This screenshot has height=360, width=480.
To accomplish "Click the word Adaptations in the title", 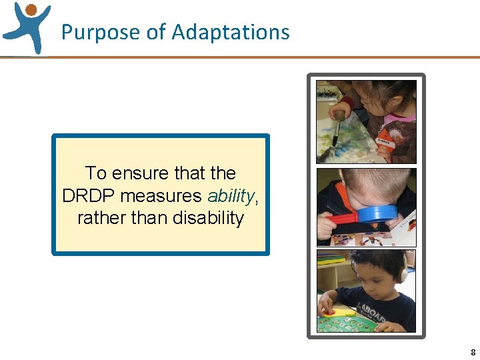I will tap(231, 32).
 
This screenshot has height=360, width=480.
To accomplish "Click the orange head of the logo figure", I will tap(31, 9).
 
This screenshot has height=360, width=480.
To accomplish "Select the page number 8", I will tap(473, 352).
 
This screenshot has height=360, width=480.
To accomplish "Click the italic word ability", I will tap(231, 195).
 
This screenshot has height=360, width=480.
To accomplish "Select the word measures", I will tap(161, 195).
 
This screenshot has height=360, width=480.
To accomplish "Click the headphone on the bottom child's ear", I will tap(403, 273).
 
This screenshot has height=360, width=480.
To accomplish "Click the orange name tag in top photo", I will tap(385, 141).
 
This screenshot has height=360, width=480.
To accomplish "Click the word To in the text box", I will tap(95, 173).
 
